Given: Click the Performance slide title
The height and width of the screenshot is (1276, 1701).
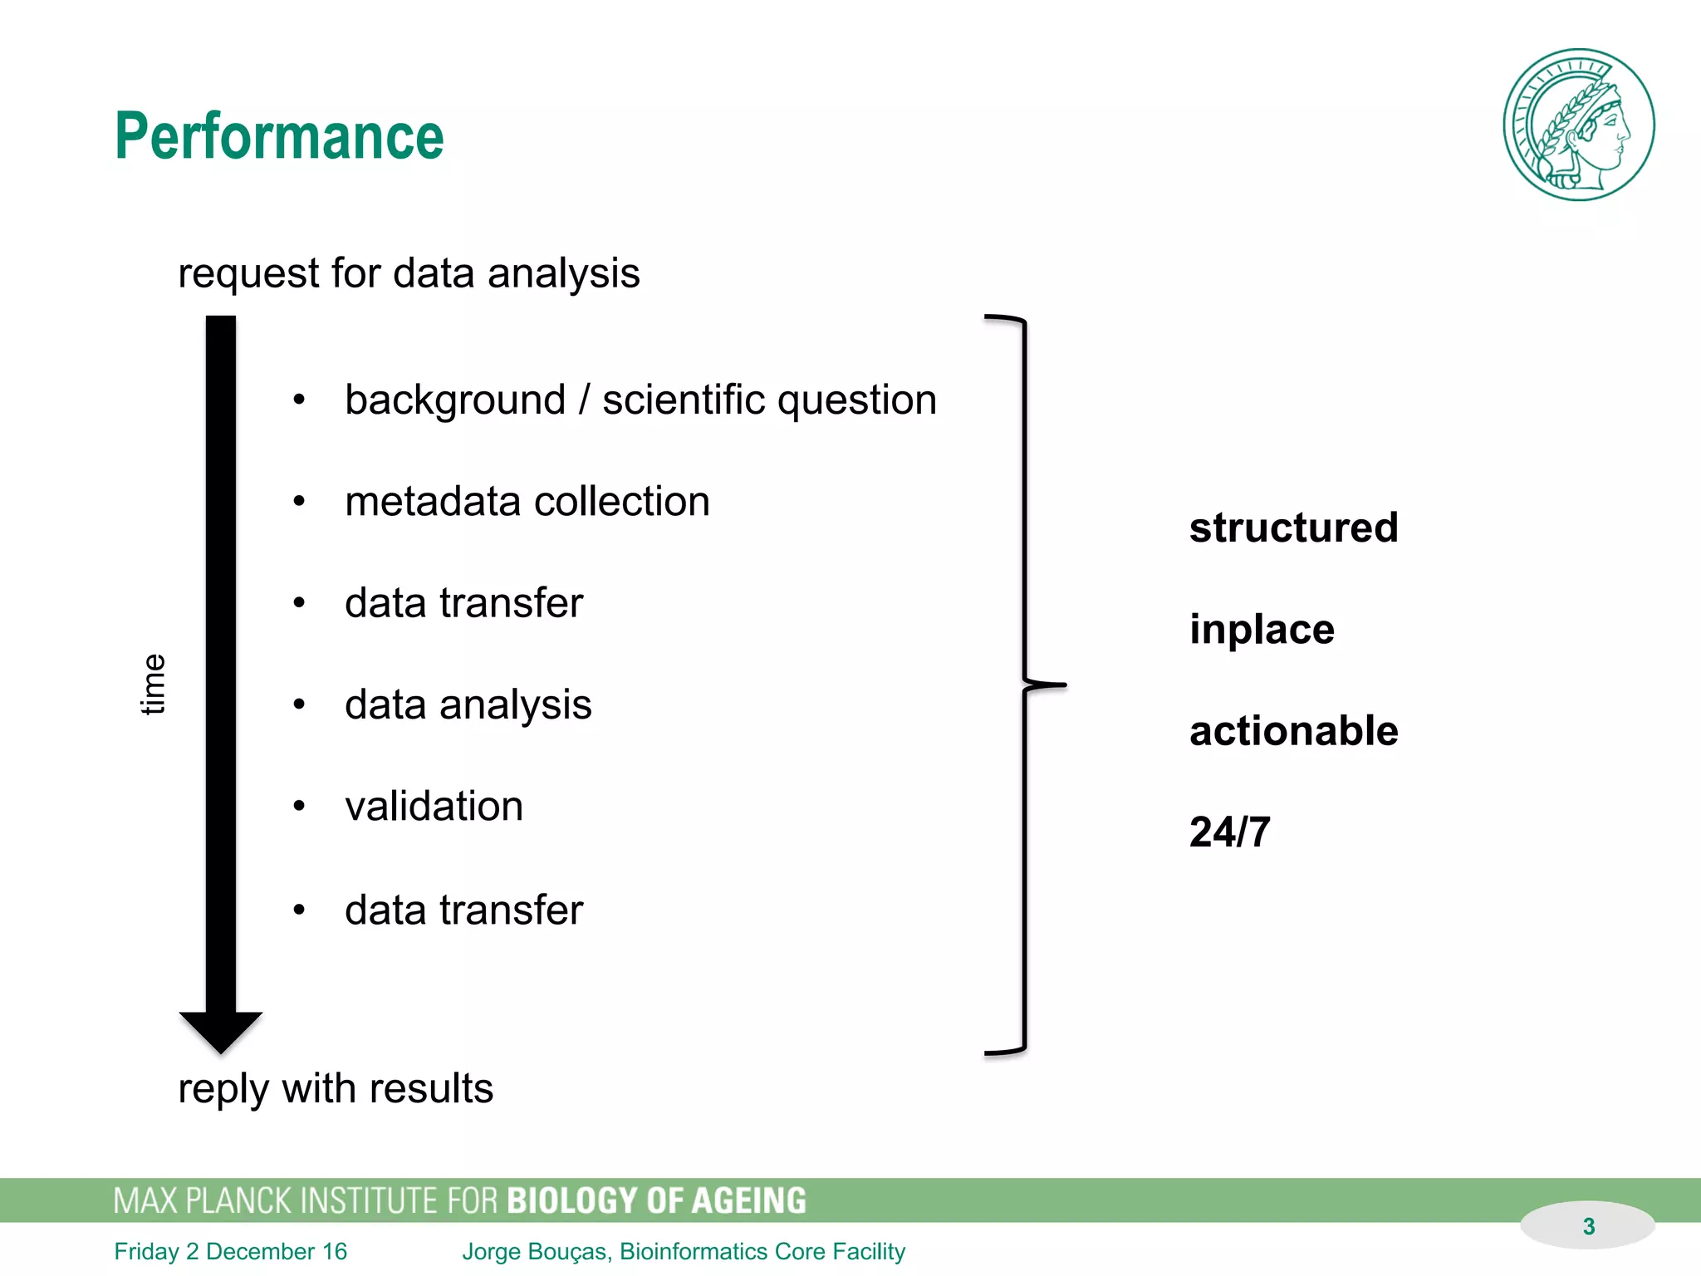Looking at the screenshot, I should (x=279, y=136).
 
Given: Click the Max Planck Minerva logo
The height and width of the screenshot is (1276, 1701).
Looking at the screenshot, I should (x=1578, y=125).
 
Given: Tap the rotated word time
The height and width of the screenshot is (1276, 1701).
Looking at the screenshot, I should (x=153, y=684).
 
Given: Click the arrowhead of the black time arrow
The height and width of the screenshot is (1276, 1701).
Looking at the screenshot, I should (x=221, y=1031).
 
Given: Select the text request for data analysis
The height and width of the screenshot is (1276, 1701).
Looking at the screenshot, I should (x=409, y=273).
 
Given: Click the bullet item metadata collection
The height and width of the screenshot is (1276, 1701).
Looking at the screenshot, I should (x=527, y=502).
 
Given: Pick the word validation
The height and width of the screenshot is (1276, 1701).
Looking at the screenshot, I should (x=434, y=807).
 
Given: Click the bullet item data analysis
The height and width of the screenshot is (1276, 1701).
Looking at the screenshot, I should (x=468, y=704).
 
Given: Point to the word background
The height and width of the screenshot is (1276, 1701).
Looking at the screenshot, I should (x=455, y=400).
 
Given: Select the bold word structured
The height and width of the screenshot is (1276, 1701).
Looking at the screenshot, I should (x=1293, y=528).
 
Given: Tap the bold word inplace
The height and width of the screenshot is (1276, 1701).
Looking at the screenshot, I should (x=1261, y=629).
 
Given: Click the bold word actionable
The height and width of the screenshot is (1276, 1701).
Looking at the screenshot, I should (x=1293, y=731).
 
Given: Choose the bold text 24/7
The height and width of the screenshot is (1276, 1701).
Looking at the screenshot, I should (x=1229, y=832).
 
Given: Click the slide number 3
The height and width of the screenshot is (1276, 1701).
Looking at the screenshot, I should (x=1588, y=1226).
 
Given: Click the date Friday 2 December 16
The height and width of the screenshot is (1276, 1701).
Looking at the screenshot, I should (x=230, y=1251).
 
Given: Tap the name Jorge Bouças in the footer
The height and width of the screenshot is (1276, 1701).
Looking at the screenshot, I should (x=536, y=1251).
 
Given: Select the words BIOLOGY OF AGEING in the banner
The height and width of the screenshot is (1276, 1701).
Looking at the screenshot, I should (x=656, y=1200).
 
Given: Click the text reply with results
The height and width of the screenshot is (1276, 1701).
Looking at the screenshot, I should (x=336, y=1088).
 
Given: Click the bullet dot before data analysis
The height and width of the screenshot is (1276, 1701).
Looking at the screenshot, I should (x=299, y=705).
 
